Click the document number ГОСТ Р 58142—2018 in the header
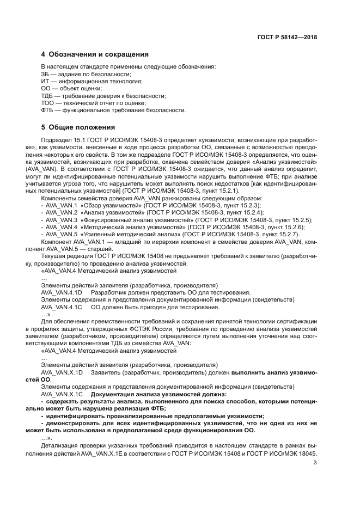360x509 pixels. tap(287, 38)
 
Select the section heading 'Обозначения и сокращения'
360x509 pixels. tap(99, 54)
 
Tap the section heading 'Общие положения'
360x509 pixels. tap(82, 127)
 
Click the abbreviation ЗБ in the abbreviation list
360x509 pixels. tap(45, 74)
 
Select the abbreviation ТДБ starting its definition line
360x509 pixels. tap(47, 96)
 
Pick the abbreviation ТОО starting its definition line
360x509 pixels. tap(47, 103)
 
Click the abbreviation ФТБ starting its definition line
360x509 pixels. tap(47, 110)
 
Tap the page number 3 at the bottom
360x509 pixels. tap(315, 463)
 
